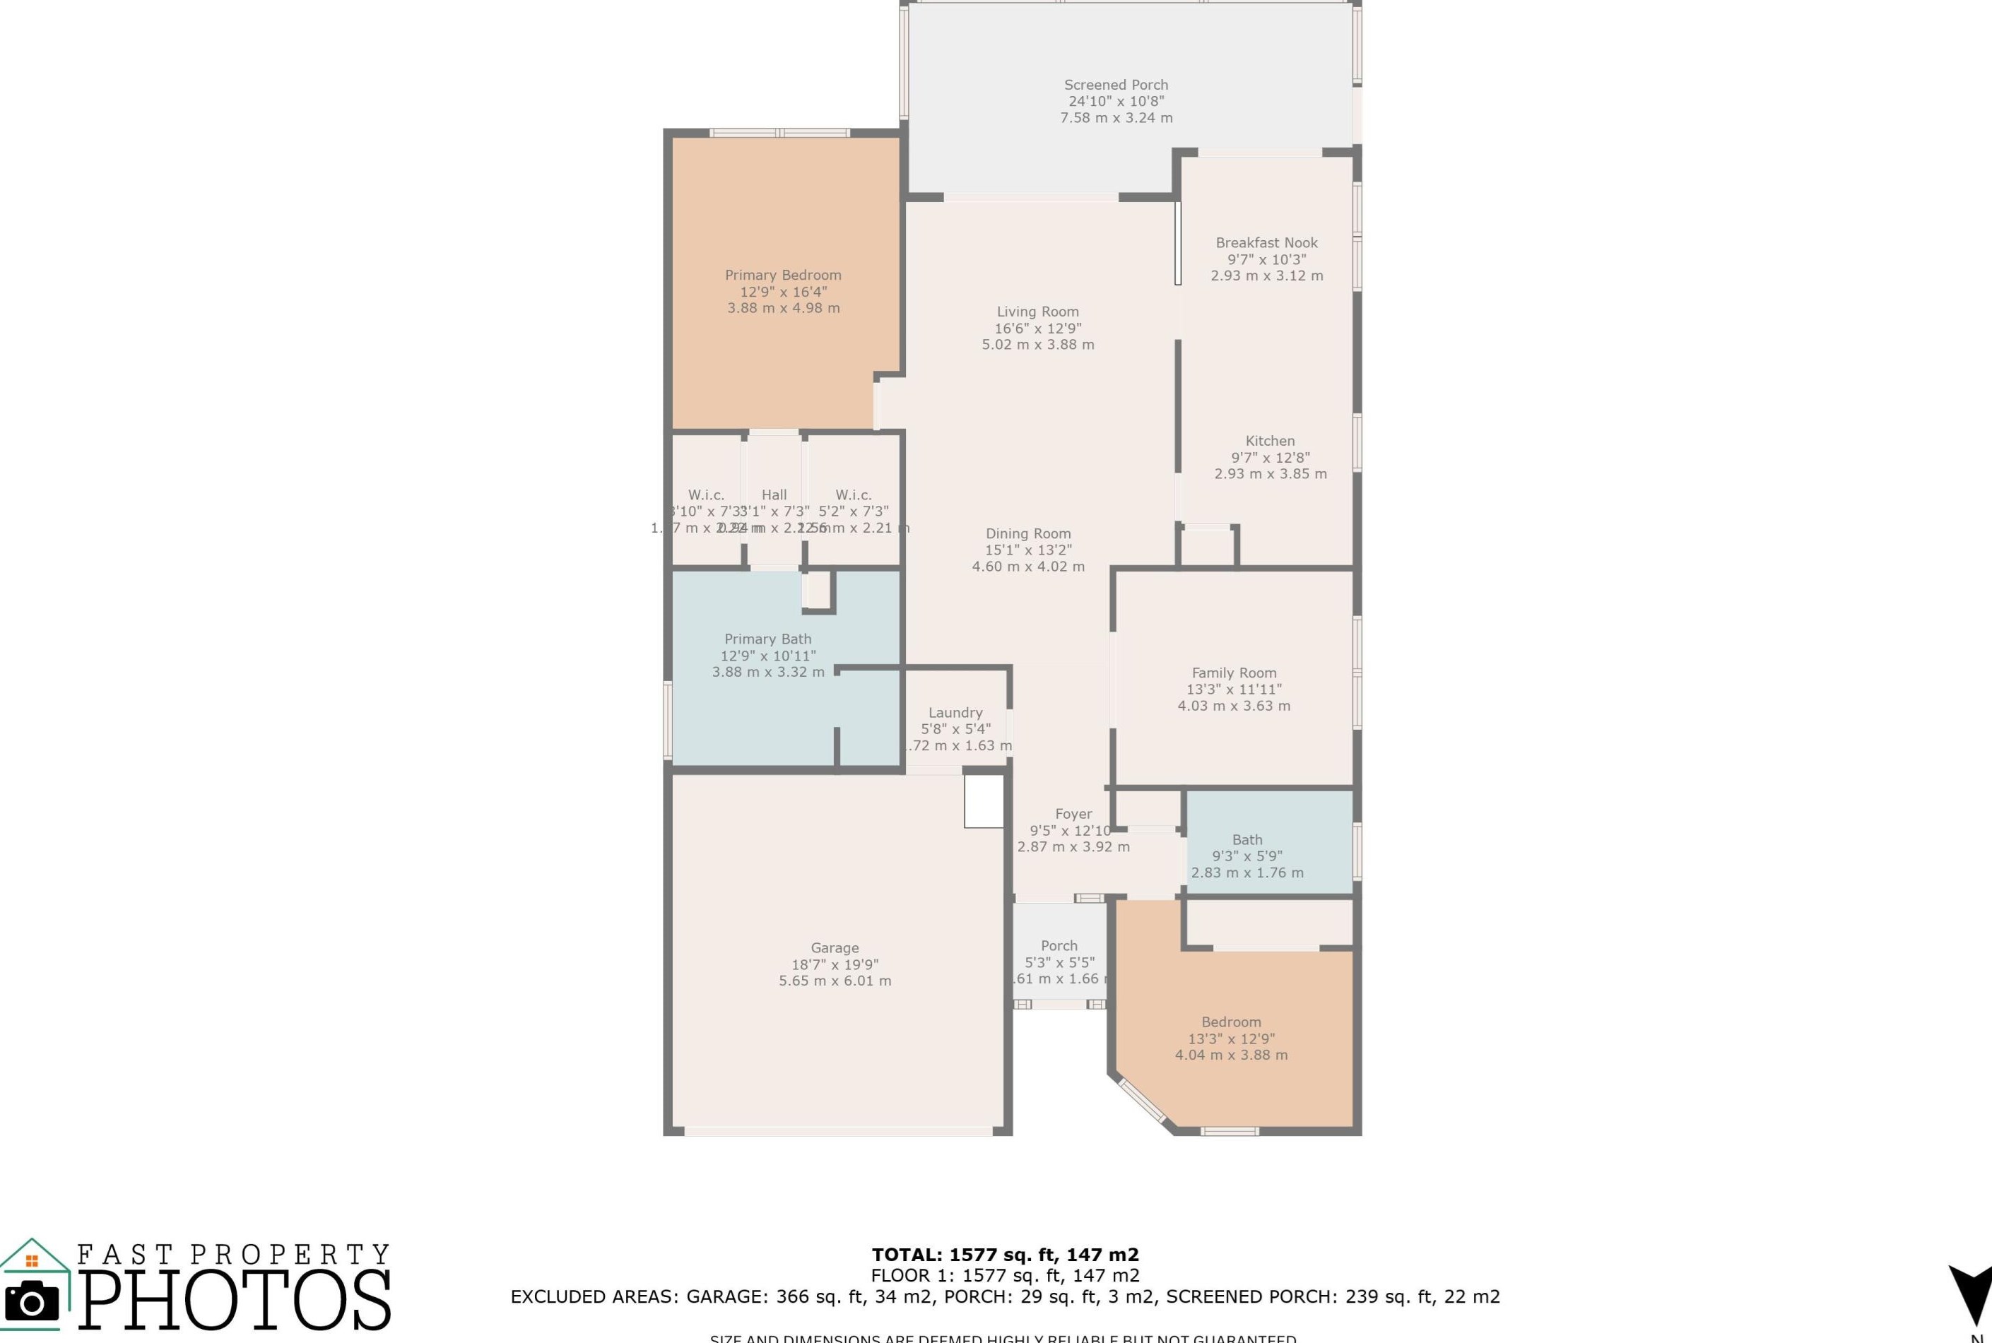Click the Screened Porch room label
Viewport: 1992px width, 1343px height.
1116,85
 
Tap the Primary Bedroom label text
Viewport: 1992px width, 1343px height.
783,275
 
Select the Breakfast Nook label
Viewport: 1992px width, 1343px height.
1266,242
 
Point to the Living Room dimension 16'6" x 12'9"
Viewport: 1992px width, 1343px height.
1037,328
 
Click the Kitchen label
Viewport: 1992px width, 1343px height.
1270,441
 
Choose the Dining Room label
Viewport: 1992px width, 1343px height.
1028,533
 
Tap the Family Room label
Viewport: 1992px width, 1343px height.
1234,673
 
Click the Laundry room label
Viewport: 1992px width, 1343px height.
955,713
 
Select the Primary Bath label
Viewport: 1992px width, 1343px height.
767,639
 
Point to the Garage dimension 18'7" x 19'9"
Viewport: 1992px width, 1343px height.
835,964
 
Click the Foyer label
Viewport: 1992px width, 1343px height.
1073,814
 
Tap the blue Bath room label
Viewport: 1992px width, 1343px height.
1247,839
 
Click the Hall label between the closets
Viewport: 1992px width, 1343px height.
774,495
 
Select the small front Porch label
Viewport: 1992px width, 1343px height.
1059,945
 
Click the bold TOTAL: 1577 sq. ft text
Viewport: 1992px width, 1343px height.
1005,1255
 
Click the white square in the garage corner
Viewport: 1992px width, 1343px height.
984,802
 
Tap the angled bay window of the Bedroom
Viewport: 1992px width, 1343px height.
1143,1101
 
